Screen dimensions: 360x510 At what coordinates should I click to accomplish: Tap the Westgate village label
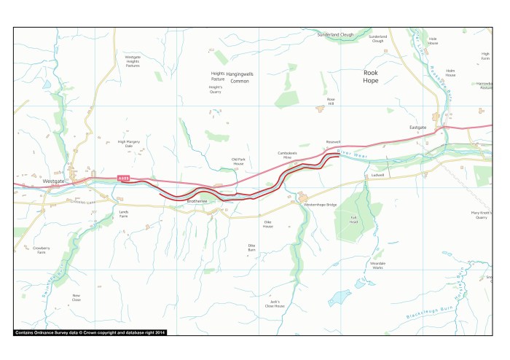(54, 180)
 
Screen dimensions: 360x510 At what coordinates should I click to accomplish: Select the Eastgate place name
(417, 127)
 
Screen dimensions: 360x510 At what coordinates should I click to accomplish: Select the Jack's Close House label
(275, 303)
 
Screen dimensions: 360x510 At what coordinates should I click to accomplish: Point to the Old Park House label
(238, 161)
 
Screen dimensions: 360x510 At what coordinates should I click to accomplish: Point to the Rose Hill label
(331, 101)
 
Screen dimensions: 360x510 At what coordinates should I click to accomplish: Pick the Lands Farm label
(123, 214)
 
